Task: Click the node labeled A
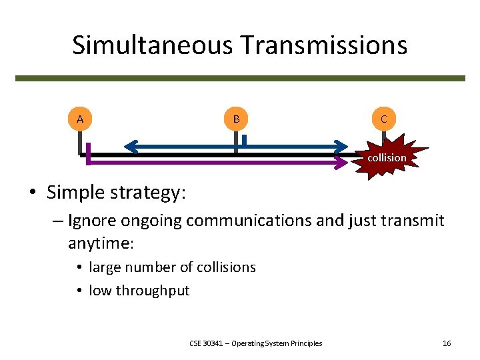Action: click(x=80, y=119)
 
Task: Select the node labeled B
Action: click(x=235, y=119)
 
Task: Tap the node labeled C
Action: click(x=383, y=119)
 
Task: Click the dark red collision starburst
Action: click(x=386, y=158)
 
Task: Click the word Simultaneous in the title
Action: click(x=153, y=45)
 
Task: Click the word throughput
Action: click(x=153, y=291)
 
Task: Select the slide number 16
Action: click(x=447, y=343)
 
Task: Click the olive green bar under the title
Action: click(x=240, y=78)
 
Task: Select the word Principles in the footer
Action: click(x=307, y=343)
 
